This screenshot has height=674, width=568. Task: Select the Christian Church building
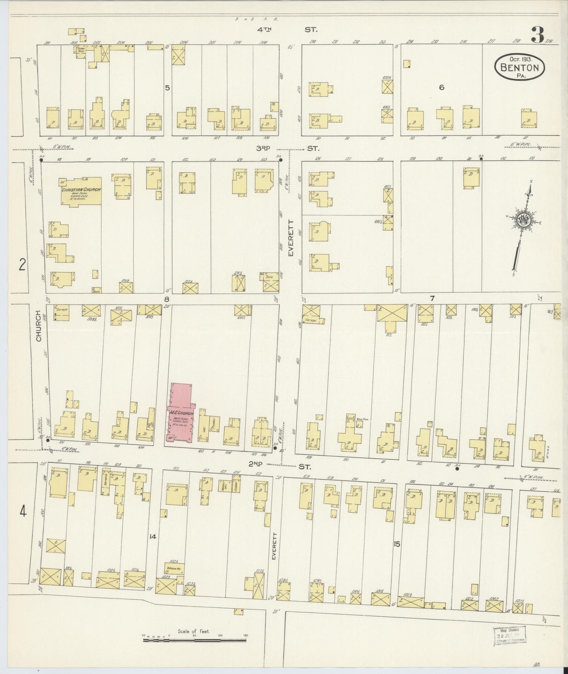click(81, 191)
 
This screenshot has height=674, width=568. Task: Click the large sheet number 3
click(537, 35)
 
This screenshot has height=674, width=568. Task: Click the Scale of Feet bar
click(194, 641)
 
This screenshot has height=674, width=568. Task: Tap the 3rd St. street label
click(286, 148)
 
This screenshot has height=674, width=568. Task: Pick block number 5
click(167, 88)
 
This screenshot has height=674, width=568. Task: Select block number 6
click(442, 87)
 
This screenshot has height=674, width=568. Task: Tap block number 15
click(397, 544)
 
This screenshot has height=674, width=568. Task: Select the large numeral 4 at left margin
click(23, 512)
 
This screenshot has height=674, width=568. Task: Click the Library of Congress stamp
click(510, 636)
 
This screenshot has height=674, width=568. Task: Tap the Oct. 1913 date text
click(520, 59)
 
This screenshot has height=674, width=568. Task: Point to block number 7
click(432, 298)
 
